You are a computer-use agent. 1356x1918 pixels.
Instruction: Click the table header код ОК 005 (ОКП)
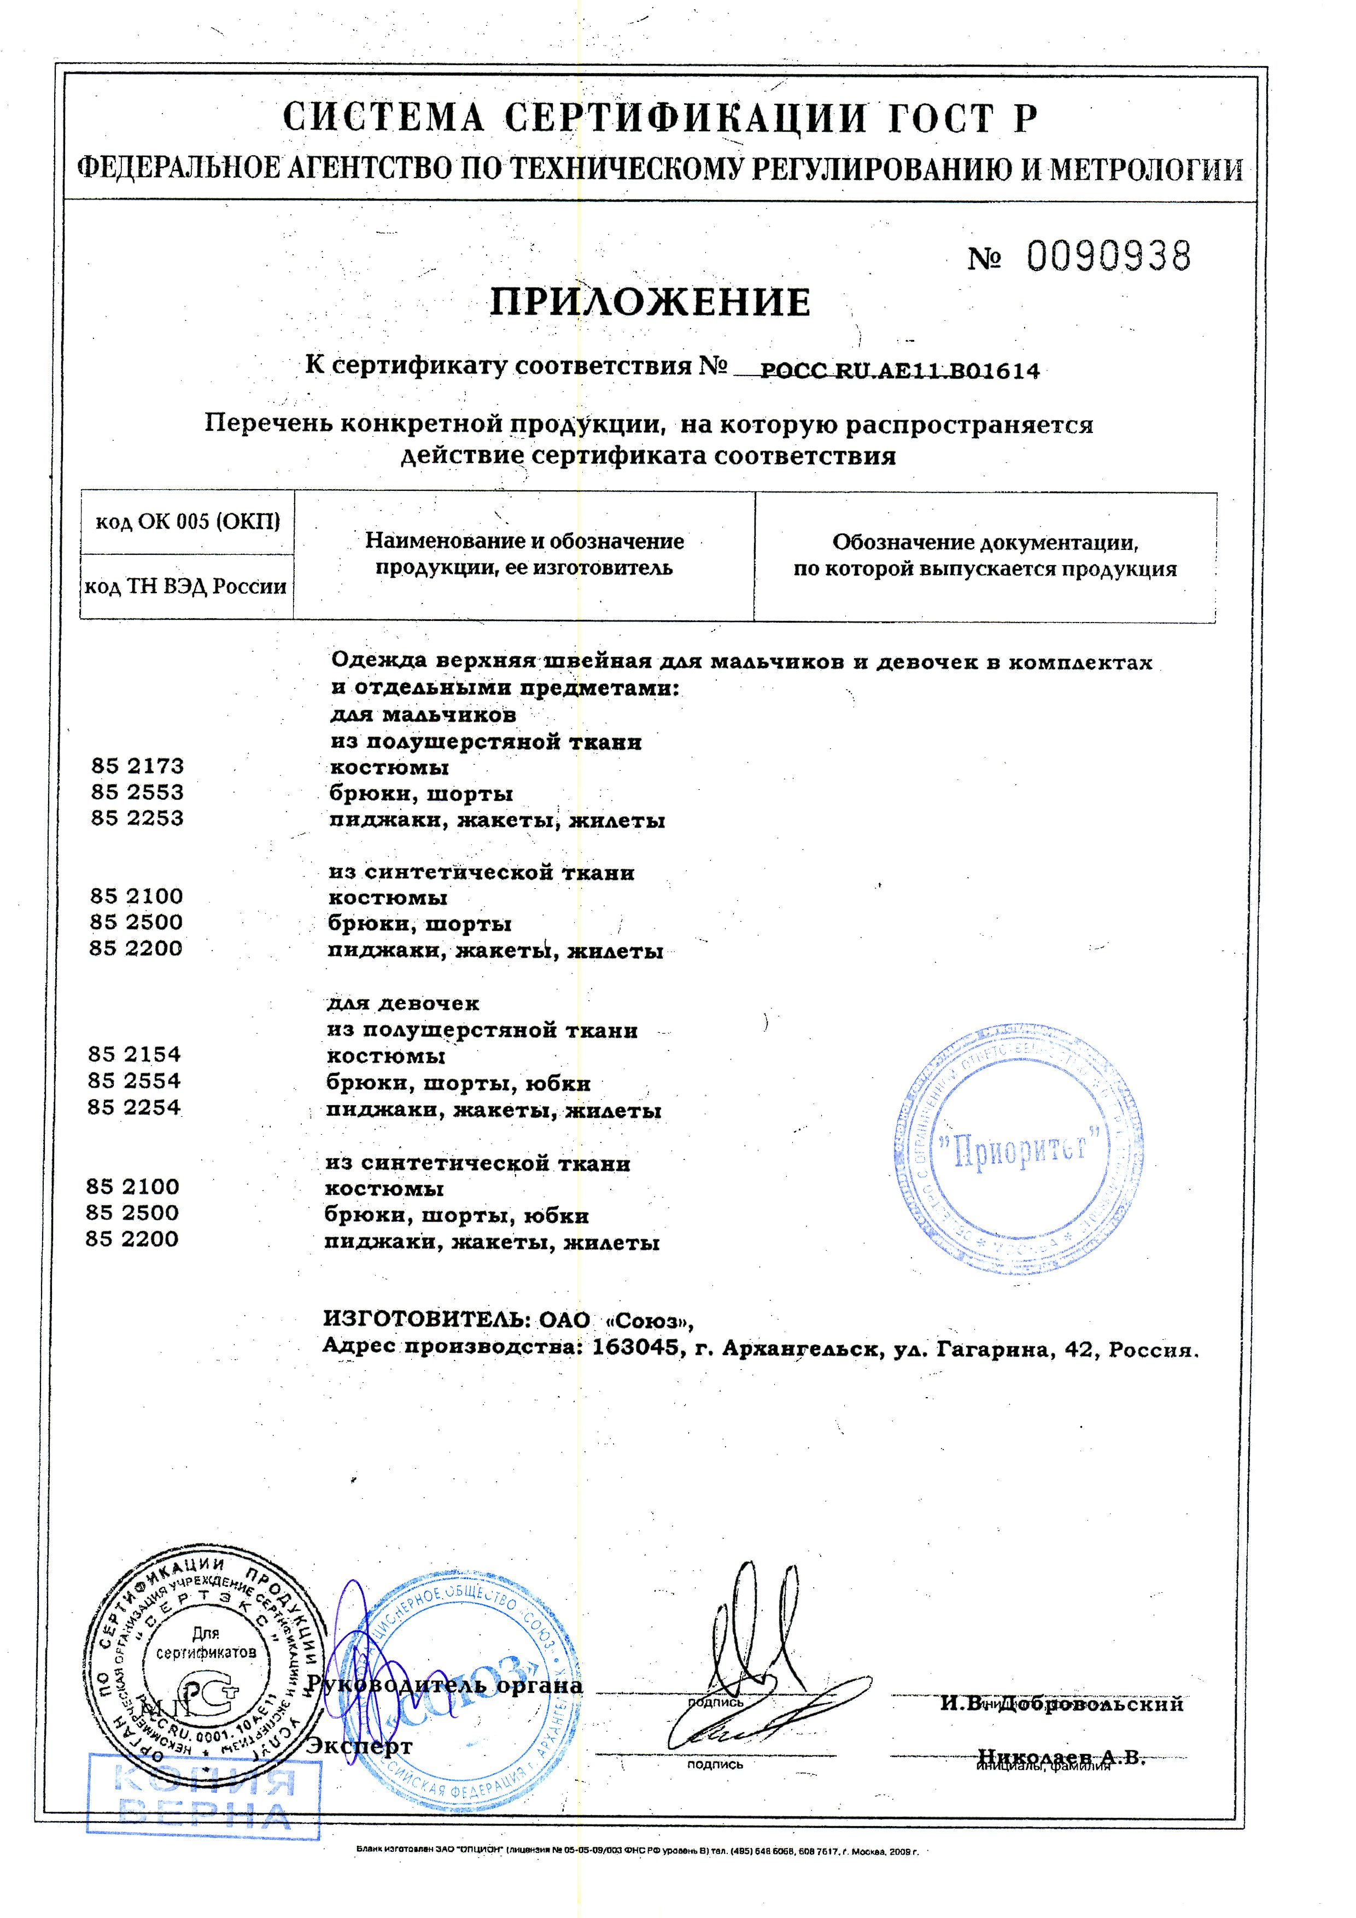pyautogui.click(x=187, y=522)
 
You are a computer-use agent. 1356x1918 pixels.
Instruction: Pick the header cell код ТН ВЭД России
pyautogui.click(x=185, y=587)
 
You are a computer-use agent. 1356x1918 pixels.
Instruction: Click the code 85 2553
pyautogui.click(x=138, y=792)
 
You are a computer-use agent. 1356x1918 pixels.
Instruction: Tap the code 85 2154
pyautogui.click(x=135, y=1054)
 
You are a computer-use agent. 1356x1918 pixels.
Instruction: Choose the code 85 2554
pyautogui.click(x=135, y=1081)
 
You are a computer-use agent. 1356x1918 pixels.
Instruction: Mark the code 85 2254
pyautogui.click(x=135, y=1108)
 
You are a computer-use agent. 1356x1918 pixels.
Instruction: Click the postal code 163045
pyautogui.click(x=634, y=1348)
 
